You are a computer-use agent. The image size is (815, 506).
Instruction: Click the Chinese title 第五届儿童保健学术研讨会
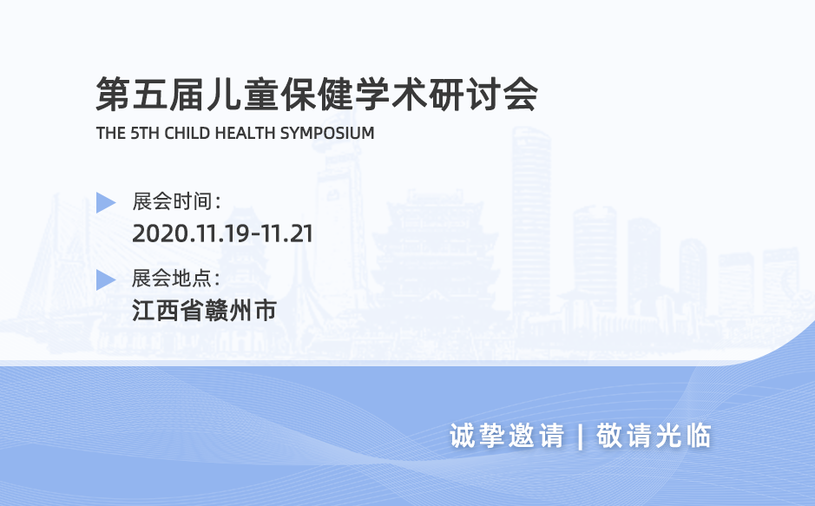[316, 95]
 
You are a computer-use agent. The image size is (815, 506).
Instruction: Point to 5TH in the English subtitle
[145, 134]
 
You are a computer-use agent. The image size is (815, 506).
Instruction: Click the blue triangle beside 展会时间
[106, 203]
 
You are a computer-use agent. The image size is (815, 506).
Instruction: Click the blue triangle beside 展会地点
[106, 279]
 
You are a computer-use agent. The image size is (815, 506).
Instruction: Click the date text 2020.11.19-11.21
[222, 233]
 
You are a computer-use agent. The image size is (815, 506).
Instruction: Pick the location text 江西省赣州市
[205, 310]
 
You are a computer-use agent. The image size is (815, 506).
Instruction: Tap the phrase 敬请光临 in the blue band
[654, 436]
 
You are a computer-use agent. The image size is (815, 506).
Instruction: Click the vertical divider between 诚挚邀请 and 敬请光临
[580, 436]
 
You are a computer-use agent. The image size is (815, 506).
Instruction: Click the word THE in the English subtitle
[111, 134]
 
